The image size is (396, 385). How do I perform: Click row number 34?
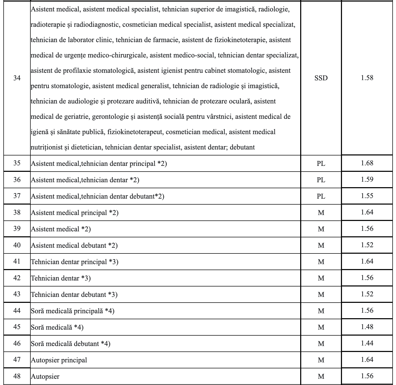(x=17, y=78)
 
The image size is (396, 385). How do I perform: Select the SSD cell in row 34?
(x=321, y=78)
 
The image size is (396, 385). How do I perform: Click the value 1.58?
(x=367, y=78)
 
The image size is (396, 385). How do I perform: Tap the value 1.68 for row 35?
(x=367, y=163)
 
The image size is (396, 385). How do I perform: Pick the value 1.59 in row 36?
(x=367, y=179)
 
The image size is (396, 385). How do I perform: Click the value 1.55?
(x=367, y=196)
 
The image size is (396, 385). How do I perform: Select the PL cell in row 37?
(x=321, y=196)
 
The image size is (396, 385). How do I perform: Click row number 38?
(x=17, y=212)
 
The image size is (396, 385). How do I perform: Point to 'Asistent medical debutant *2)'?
(x=74, y=245)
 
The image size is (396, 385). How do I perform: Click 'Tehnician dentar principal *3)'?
(x=75, y=262)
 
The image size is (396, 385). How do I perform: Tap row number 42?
(x=17, y=278)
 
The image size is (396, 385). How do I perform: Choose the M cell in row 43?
(x=321, y=295)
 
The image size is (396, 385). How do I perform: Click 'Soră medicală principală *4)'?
(x=73, y=311)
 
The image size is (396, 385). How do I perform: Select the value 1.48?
(x=367, y=327)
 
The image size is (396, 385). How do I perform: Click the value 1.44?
(x=367, y=343)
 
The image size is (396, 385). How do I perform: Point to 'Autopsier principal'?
(x=59, y=360)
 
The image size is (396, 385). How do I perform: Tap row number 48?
(x=17, y=376)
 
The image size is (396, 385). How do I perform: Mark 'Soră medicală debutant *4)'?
(x=71, y=344)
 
